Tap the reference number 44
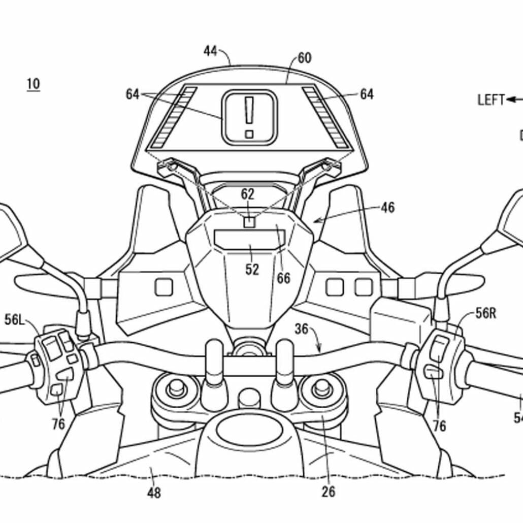210,51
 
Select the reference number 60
304,58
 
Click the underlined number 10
33,84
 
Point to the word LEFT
491,100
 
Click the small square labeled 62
249,222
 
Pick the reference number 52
252,269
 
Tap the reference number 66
283,278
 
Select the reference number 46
387,208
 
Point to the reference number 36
301,329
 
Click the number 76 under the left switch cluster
58,424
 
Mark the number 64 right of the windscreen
366,94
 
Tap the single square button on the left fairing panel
164,287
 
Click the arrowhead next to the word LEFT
509,100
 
